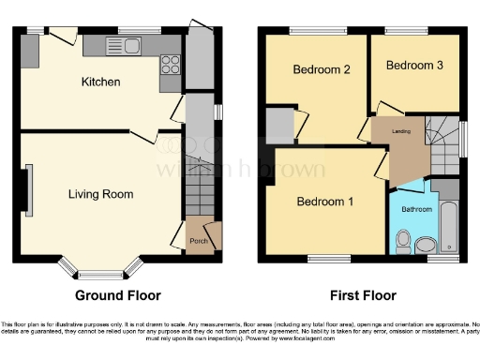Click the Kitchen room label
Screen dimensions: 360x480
[x=100, y=82]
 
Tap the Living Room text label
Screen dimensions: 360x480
[x=100, y=195]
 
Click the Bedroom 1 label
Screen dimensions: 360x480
[x=325, y=202]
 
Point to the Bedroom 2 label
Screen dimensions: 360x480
[x=322, y=69]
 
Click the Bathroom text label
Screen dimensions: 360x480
[x=416, y=209]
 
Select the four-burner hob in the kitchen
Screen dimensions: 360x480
[x=171, y=65]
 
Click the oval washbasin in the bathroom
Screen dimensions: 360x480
[x=426, y=246]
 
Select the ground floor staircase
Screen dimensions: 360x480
[x=199, y=187]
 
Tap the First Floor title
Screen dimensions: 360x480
[x=361, y=296]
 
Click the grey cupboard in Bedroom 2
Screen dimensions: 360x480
[x=279, y=125]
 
